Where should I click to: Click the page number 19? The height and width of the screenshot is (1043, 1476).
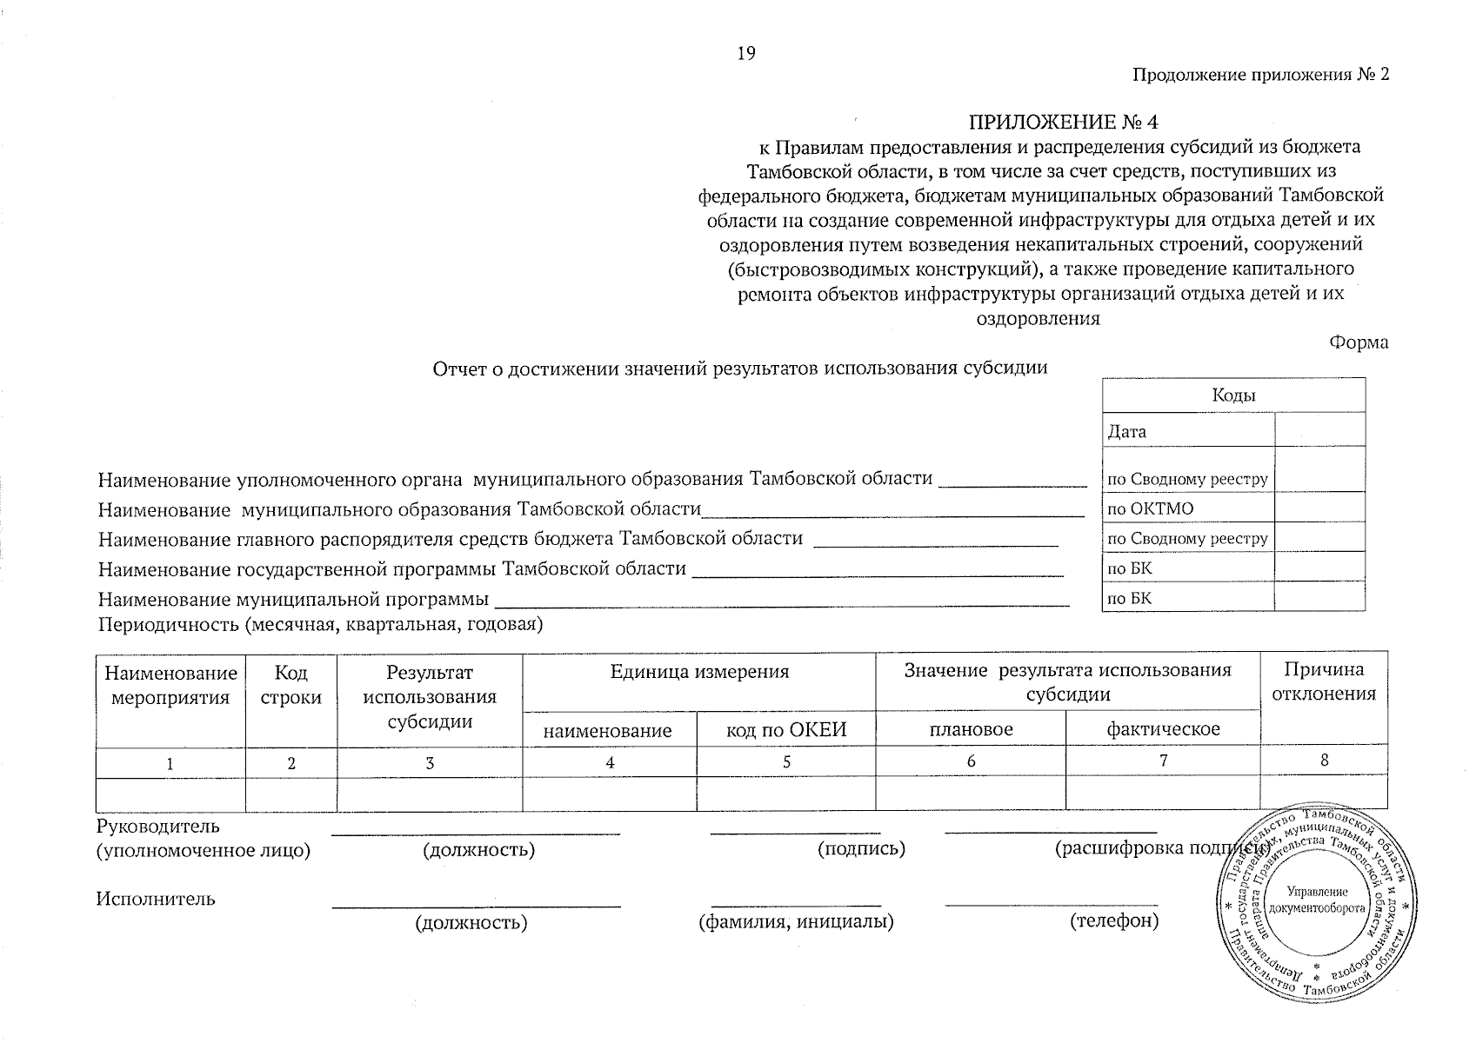746,54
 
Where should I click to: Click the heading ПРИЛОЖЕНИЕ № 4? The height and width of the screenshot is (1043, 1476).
1064,122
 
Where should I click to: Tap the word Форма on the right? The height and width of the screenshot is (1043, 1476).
1359,342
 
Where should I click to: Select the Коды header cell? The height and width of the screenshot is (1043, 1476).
1232,395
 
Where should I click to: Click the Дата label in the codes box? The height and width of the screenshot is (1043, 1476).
1127,431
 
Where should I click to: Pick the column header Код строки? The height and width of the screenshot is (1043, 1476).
291,685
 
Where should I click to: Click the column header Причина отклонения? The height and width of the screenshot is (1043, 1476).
1323,681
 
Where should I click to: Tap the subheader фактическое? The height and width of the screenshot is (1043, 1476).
1162,729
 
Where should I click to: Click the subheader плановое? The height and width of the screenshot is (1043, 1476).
971,729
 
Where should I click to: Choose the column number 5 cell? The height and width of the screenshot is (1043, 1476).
785,761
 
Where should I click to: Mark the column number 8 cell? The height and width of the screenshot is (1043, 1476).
1323,761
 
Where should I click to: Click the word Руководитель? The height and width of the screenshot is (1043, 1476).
158,826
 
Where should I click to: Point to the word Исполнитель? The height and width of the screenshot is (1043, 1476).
156,899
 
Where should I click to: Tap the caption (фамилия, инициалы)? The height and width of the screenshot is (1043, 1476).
796,921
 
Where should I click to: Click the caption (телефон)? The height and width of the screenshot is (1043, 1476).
1114,920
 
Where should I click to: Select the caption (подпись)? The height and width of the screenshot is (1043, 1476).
861,848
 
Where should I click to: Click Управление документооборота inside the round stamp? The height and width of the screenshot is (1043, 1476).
1319,900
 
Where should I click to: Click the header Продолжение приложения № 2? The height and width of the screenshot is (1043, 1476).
1259,75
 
